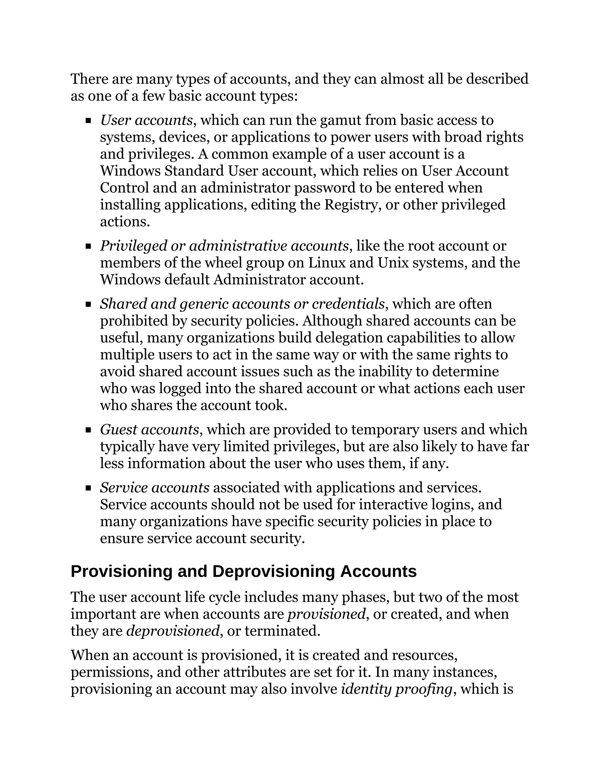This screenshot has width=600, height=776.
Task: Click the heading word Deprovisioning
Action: coord(273,572)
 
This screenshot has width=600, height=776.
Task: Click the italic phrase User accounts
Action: coord(146,120)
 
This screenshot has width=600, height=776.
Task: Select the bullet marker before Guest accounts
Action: coord(88,430)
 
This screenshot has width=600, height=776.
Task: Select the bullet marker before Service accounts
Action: coord(88,488)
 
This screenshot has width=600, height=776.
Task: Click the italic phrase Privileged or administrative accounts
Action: coord(224,246)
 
